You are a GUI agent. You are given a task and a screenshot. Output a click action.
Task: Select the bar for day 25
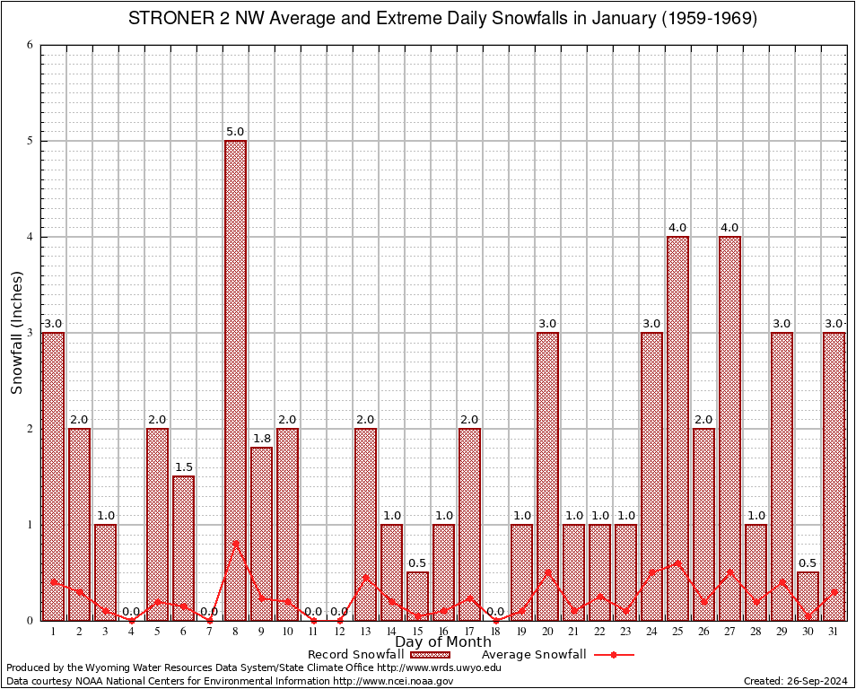[x=677, y=428]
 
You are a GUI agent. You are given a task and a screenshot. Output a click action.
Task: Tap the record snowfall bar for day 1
[x=53, y=475]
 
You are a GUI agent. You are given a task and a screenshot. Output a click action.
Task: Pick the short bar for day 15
[x=417, y=596]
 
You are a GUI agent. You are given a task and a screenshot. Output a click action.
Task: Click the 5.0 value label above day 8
[x=235, y=132]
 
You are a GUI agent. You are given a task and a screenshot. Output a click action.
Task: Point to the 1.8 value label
[x=261, y=439]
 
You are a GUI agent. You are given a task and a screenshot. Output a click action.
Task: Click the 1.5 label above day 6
[x=183, y=467]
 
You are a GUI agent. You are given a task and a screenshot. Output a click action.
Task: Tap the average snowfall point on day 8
[x=235, y=543]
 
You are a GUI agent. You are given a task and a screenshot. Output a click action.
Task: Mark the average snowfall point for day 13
[x=365, y=577]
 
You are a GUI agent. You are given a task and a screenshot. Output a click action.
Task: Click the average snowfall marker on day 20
[x=547, y=571]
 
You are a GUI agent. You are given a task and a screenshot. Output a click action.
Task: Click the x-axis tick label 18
[x=495, y=632]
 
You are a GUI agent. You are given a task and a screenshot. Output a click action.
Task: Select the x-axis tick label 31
[x=834, y=632]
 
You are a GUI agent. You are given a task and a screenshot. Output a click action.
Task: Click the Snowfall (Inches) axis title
[x=17, y=332]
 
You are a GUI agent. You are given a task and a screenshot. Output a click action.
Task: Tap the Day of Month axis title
[x=442, y=642]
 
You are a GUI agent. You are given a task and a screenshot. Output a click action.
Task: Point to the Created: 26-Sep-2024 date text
[x=796, y=681]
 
